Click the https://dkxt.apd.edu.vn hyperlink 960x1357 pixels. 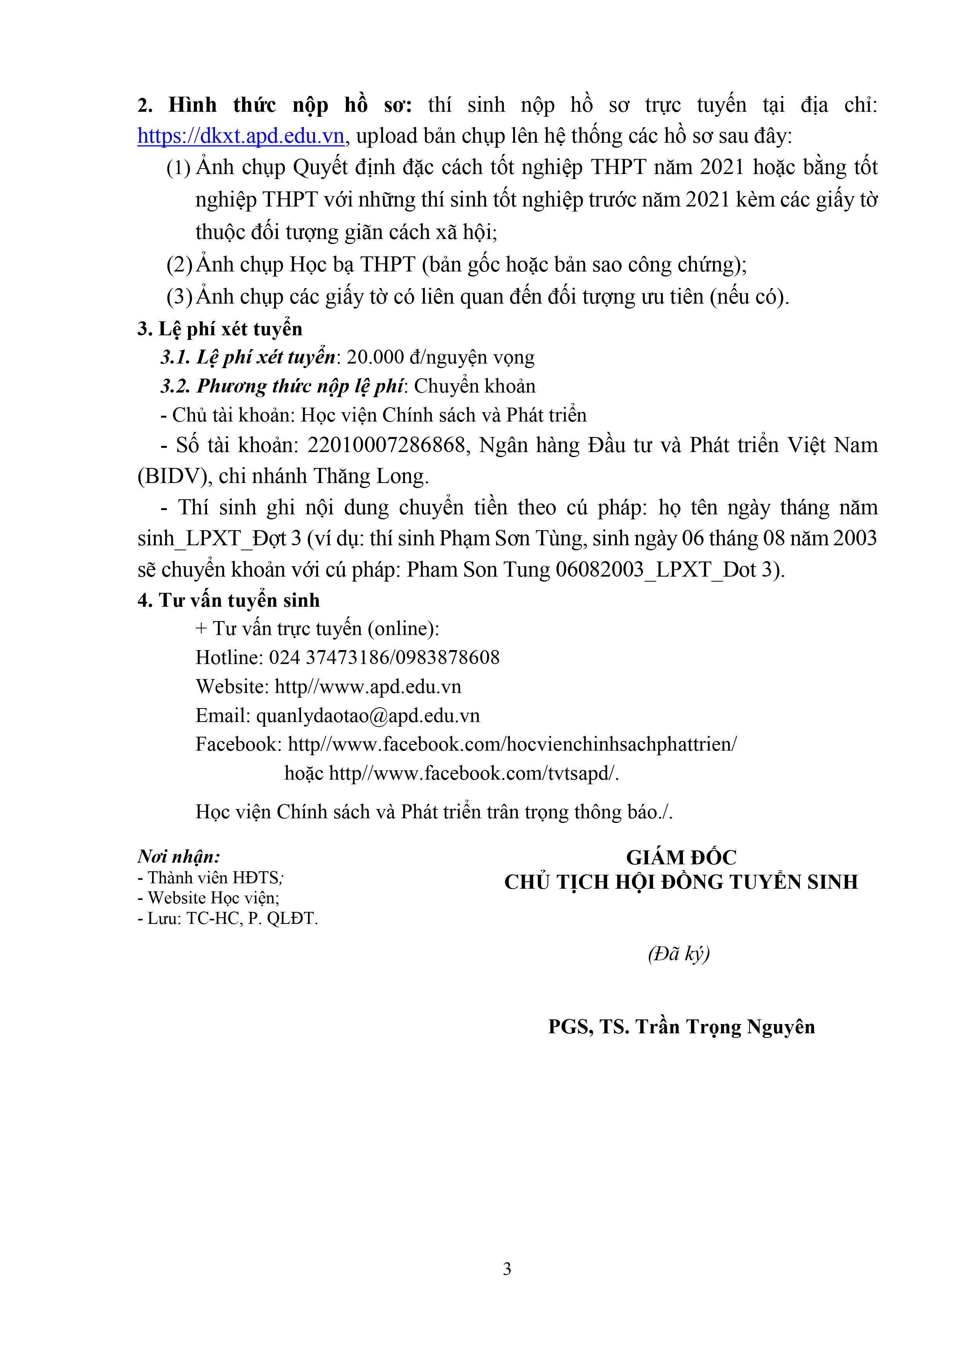[241, 136]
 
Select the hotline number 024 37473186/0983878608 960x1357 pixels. [384, 657]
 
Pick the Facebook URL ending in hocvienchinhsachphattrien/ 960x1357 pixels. [512, 744]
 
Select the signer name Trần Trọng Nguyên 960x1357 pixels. [725, 1027]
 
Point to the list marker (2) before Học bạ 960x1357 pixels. [179, 264]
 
